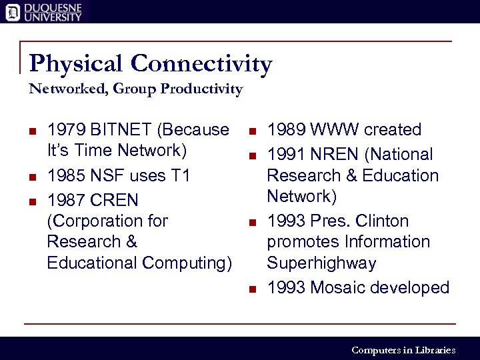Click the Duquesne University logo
[x=44, y=11]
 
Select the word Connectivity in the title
[x=202, y=64]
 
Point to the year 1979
[x=65, y=129]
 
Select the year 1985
[x=65, y=175]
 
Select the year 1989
[x=285, y=129]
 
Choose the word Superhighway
[x=321, y=263]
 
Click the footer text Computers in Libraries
[x=403, y=350]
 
